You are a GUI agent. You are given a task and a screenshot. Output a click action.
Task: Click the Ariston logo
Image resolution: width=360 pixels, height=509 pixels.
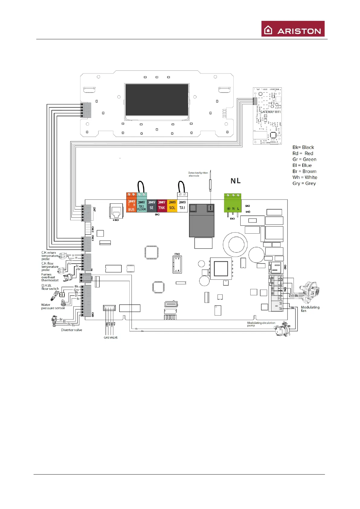point(293,29)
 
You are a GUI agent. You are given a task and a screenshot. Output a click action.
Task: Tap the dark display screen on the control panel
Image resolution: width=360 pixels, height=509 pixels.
point(157,99)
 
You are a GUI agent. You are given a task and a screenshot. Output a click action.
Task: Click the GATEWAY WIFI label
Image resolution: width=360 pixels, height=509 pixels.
point(271,112)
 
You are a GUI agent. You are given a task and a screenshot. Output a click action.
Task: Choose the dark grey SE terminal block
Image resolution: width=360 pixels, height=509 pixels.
point(151,206)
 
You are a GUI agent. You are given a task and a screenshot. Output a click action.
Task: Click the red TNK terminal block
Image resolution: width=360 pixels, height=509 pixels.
point(162,206)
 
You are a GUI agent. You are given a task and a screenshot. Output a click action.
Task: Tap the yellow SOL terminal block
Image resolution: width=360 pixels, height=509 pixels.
point(172,206)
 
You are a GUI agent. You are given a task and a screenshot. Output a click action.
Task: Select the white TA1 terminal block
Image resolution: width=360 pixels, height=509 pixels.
point(182,206)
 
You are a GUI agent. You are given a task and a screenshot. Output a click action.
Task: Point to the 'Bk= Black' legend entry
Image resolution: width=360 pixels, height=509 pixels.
point(303,148)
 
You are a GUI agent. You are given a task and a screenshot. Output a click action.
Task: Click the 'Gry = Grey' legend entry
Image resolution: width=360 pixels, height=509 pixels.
point(304,183)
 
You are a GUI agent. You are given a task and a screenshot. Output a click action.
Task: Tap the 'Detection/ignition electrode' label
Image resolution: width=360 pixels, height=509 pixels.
point(198,174)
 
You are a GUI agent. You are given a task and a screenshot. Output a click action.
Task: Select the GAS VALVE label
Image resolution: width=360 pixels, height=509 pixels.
point(111,338)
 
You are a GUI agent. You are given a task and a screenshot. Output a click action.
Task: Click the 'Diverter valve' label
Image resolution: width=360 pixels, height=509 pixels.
point(71,330)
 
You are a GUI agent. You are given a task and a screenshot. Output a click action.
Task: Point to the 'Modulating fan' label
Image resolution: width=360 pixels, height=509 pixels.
point(310,309)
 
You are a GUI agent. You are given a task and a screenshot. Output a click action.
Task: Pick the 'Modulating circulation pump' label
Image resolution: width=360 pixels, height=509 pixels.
point(261,324)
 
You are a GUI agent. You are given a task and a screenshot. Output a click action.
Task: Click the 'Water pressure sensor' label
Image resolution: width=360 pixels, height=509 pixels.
point(53,306)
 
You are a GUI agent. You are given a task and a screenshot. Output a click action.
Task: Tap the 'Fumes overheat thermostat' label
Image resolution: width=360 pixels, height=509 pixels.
point(50,277)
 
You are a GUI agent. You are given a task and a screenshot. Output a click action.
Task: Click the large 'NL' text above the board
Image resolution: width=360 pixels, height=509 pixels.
point(235,181)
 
